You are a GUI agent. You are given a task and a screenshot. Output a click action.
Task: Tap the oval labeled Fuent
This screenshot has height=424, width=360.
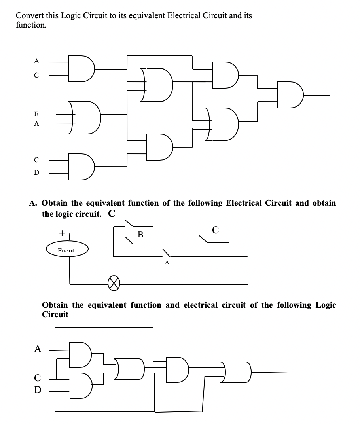coord(66,250)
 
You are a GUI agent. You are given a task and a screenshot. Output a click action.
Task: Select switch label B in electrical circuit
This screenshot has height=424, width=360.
coord(140,235)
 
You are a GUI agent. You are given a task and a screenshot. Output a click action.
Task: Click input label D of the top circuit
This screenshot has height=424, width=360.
coord(36,173)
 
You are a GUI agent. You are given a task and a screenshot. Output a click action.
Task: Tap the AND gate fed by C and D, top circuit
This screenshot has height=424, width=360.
coord(81,167)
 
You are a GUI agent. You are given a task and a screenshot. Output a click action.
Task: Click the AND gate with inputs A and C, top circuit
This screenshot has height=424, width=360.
coord(81,68)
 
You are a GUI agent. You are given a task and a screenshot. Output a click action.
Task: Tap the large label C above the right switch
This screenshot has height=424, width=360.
coord(216,229)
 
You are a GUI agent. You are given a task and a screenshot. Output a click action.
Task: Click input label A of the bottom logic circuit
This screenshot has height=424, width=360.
coord(38,349)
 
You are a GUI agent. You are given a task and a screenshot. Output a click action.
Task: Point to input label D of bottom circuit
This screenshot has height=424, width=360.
coord(38,390)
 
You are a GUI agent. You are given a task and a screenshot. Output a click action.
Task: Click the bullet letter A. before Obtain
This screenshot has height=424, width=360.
coord(33,203)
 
